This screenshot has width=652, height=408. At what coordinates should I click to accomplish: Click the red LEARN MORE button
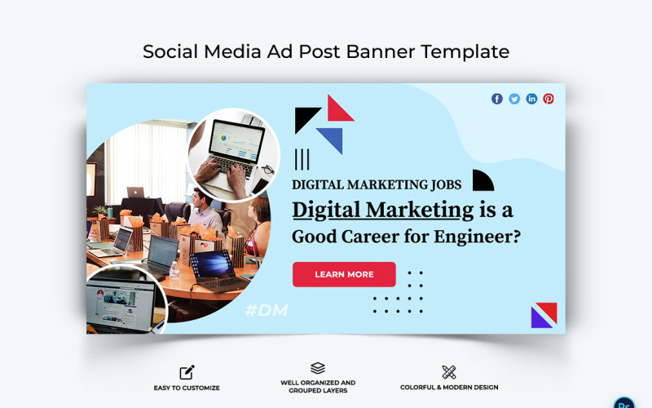pyautogui.click(x=344, y=274)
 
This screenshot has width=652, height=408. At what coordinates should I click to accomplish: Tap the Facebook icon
pyautogui.click(x=497, y=99)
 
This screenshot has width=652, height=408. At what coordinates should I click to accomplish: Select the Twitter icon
pyautogui.click(x=514, y=99)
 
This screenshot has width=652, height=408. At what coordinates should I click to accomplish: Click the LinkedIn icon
pyautogui.click(x=531, y=99)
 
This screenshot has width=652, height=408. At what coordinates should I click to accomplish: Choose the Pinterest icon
pyautogui.click(x=548, y=99)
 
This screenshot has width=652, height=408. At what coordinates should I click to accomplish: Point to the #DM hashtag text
pyautogui.click(x=267, y=311)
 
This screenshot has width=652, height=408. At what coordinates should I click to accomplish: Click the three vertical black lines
pyautogui.click(x=302, y=158)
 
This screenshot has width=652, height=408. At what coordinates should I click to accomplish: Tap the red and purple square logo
pyautogui.click(x=544, y=315)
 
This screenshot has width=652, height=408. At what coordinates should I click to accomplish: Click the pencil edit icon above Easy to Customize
pyautogui.click(x=187, y=373)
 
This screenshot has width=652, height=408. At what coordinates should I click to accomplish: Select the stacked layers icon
pyautogui.click(x=318, y=369)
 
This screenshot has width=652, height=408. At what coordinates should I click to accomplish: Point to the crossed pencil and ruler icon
pyautogui.click(x=449, y=372)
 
